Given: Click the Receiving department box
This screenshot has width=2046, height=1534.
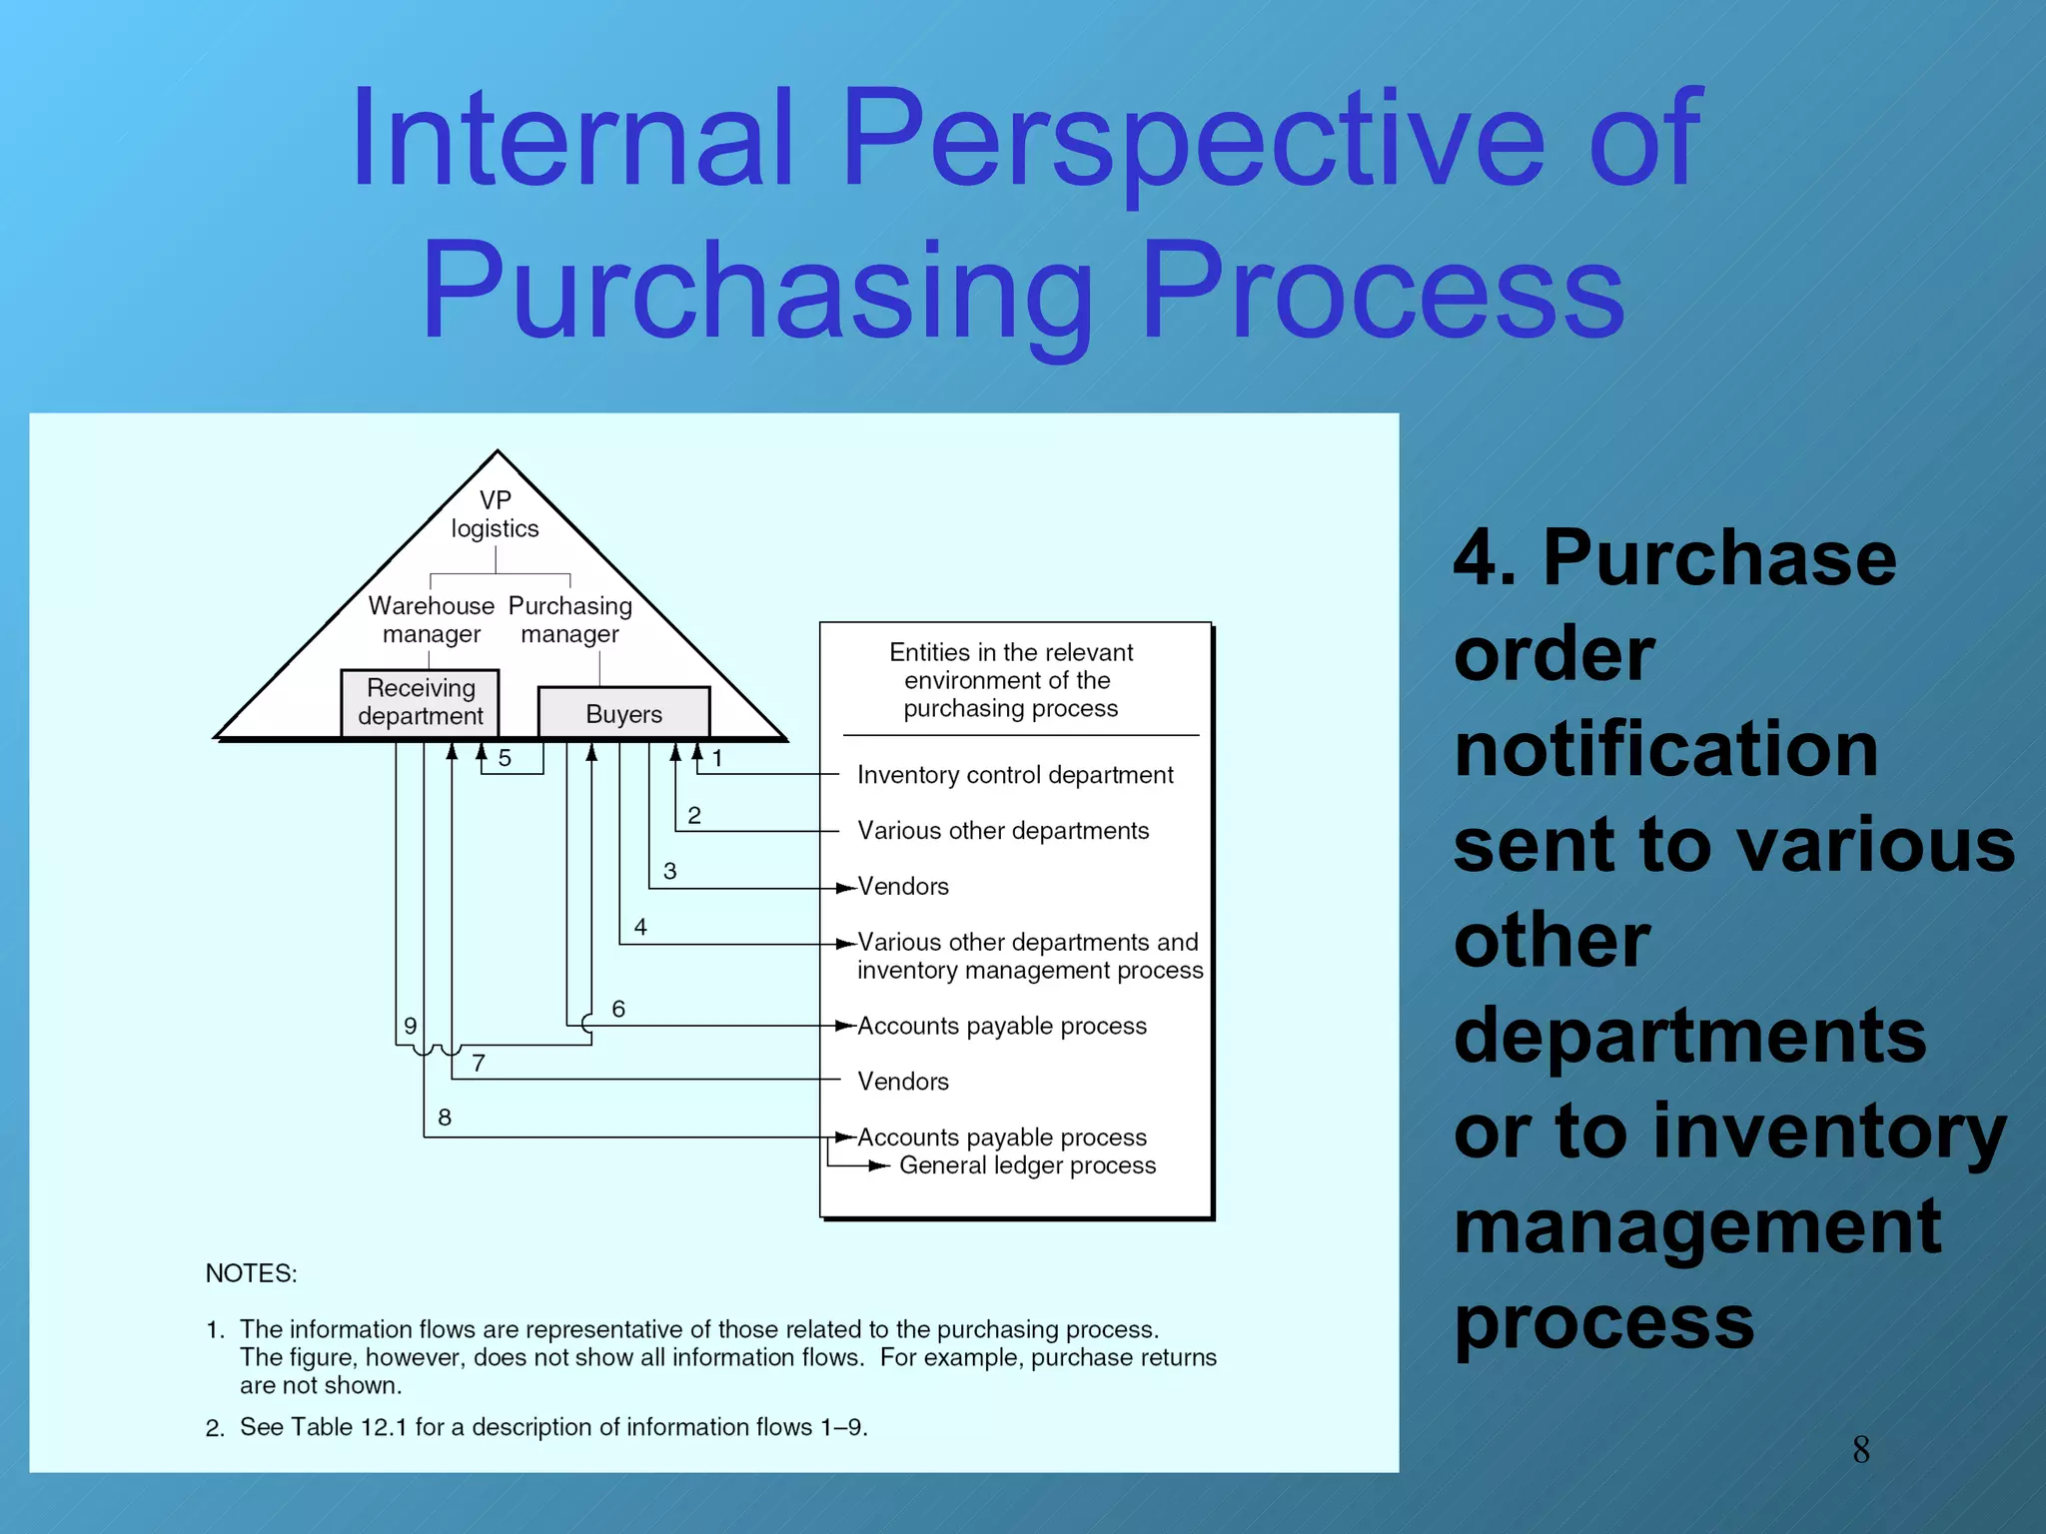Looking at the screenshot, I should coord(420,702).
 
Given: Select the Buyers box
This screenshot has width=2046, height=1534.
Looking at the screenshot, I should coord(623,713).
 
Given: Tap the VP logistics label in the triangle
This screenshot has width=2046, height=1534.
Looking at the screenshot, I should coord(495,514).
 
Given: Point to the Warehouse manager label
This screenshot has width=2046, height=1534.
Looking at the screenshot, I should coord(431,619).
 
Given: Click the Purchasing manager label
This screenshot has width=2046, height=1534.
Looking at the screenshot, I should coord(569,619).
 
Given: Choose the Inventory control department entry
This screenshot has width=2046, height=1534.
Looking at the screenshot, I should coord(1015,775).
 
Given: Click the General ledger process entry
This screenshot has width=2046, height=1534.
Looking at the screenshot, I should coord(1027,1165).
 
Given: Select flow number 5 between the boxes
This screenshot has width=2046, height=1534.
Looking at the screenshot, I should coord(505,759).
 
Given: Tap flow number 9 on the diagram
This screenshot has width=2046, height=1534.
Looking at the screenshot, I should coord(410,1026).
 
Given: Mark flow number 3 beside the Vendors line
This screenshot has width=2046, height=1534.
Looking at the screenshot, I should coord(669,871).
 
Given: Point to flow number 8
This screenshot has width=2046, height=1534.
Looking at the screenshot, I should coord(445,1118).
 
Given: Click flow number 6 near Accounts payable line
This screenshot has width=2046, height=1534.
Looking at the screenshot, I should coord(618,1009).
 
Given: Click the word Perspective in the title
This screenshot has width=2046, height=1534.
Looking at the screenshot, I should coord(1193,140).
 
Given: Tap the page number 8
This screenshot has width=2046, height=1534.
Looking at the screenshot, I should coord(1860,1449).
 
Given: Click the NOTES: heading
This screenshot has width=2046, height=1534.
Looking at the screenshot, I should coord(251,1273).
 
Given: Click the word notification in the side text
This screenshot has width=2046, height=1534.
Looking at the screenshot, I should coord(1665,749).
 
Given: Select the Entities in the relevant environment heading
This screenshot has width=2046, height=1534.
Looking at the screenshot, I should coord(1010,680).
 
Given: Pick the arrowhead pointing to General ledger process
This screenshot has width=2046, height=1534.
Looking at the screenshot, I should coord(880,1165).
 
